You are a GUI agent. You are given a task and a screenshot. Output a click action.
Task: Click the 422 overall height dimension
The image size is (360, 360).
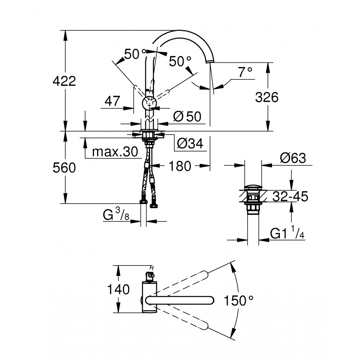(x=64, y=81)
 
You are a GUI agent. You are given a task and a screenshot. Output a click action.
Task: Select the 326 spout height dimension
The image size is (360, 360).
(x=267, y=97)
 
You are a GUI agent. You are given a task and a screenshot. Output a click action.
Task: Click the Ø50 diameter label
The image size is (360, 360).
(x=187, y=117)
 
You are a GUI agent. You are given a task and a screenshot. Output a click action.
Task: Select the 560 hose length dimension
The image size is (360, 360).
(x=64, y=168)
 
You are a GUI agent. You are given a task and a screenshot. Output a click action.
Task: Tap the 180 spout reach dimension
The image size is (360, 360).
(x=180, y=166)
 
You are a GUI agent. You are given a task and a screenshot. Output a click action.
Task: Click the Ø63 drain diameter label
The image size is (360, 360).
(x=293, y=158)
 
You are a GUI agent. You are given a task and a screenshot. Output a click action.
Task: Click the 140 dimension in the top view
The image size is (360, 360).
(x=119, y=289)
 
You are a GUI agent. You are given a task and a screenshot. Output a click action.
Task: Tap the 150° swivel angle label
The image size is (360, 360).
(x=239, y=300)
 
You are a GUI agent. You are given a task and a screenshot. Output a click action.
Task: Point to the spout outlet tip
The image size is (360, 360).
(x=210, y=62)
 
